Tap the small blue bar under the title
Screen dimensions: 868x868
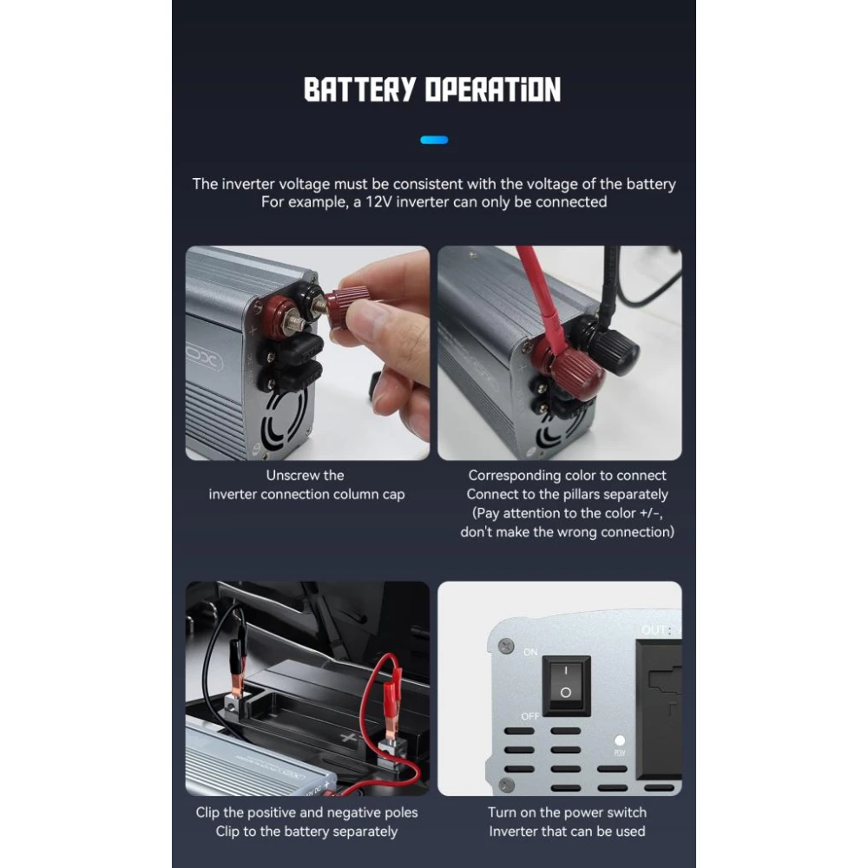click(434, 139)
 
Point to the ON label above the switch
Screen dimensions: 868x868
click(530, 651)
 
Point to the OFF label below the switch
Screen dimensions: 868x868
click(530, 715)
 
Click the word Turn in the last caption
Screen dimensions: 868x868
click(503, 812)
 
